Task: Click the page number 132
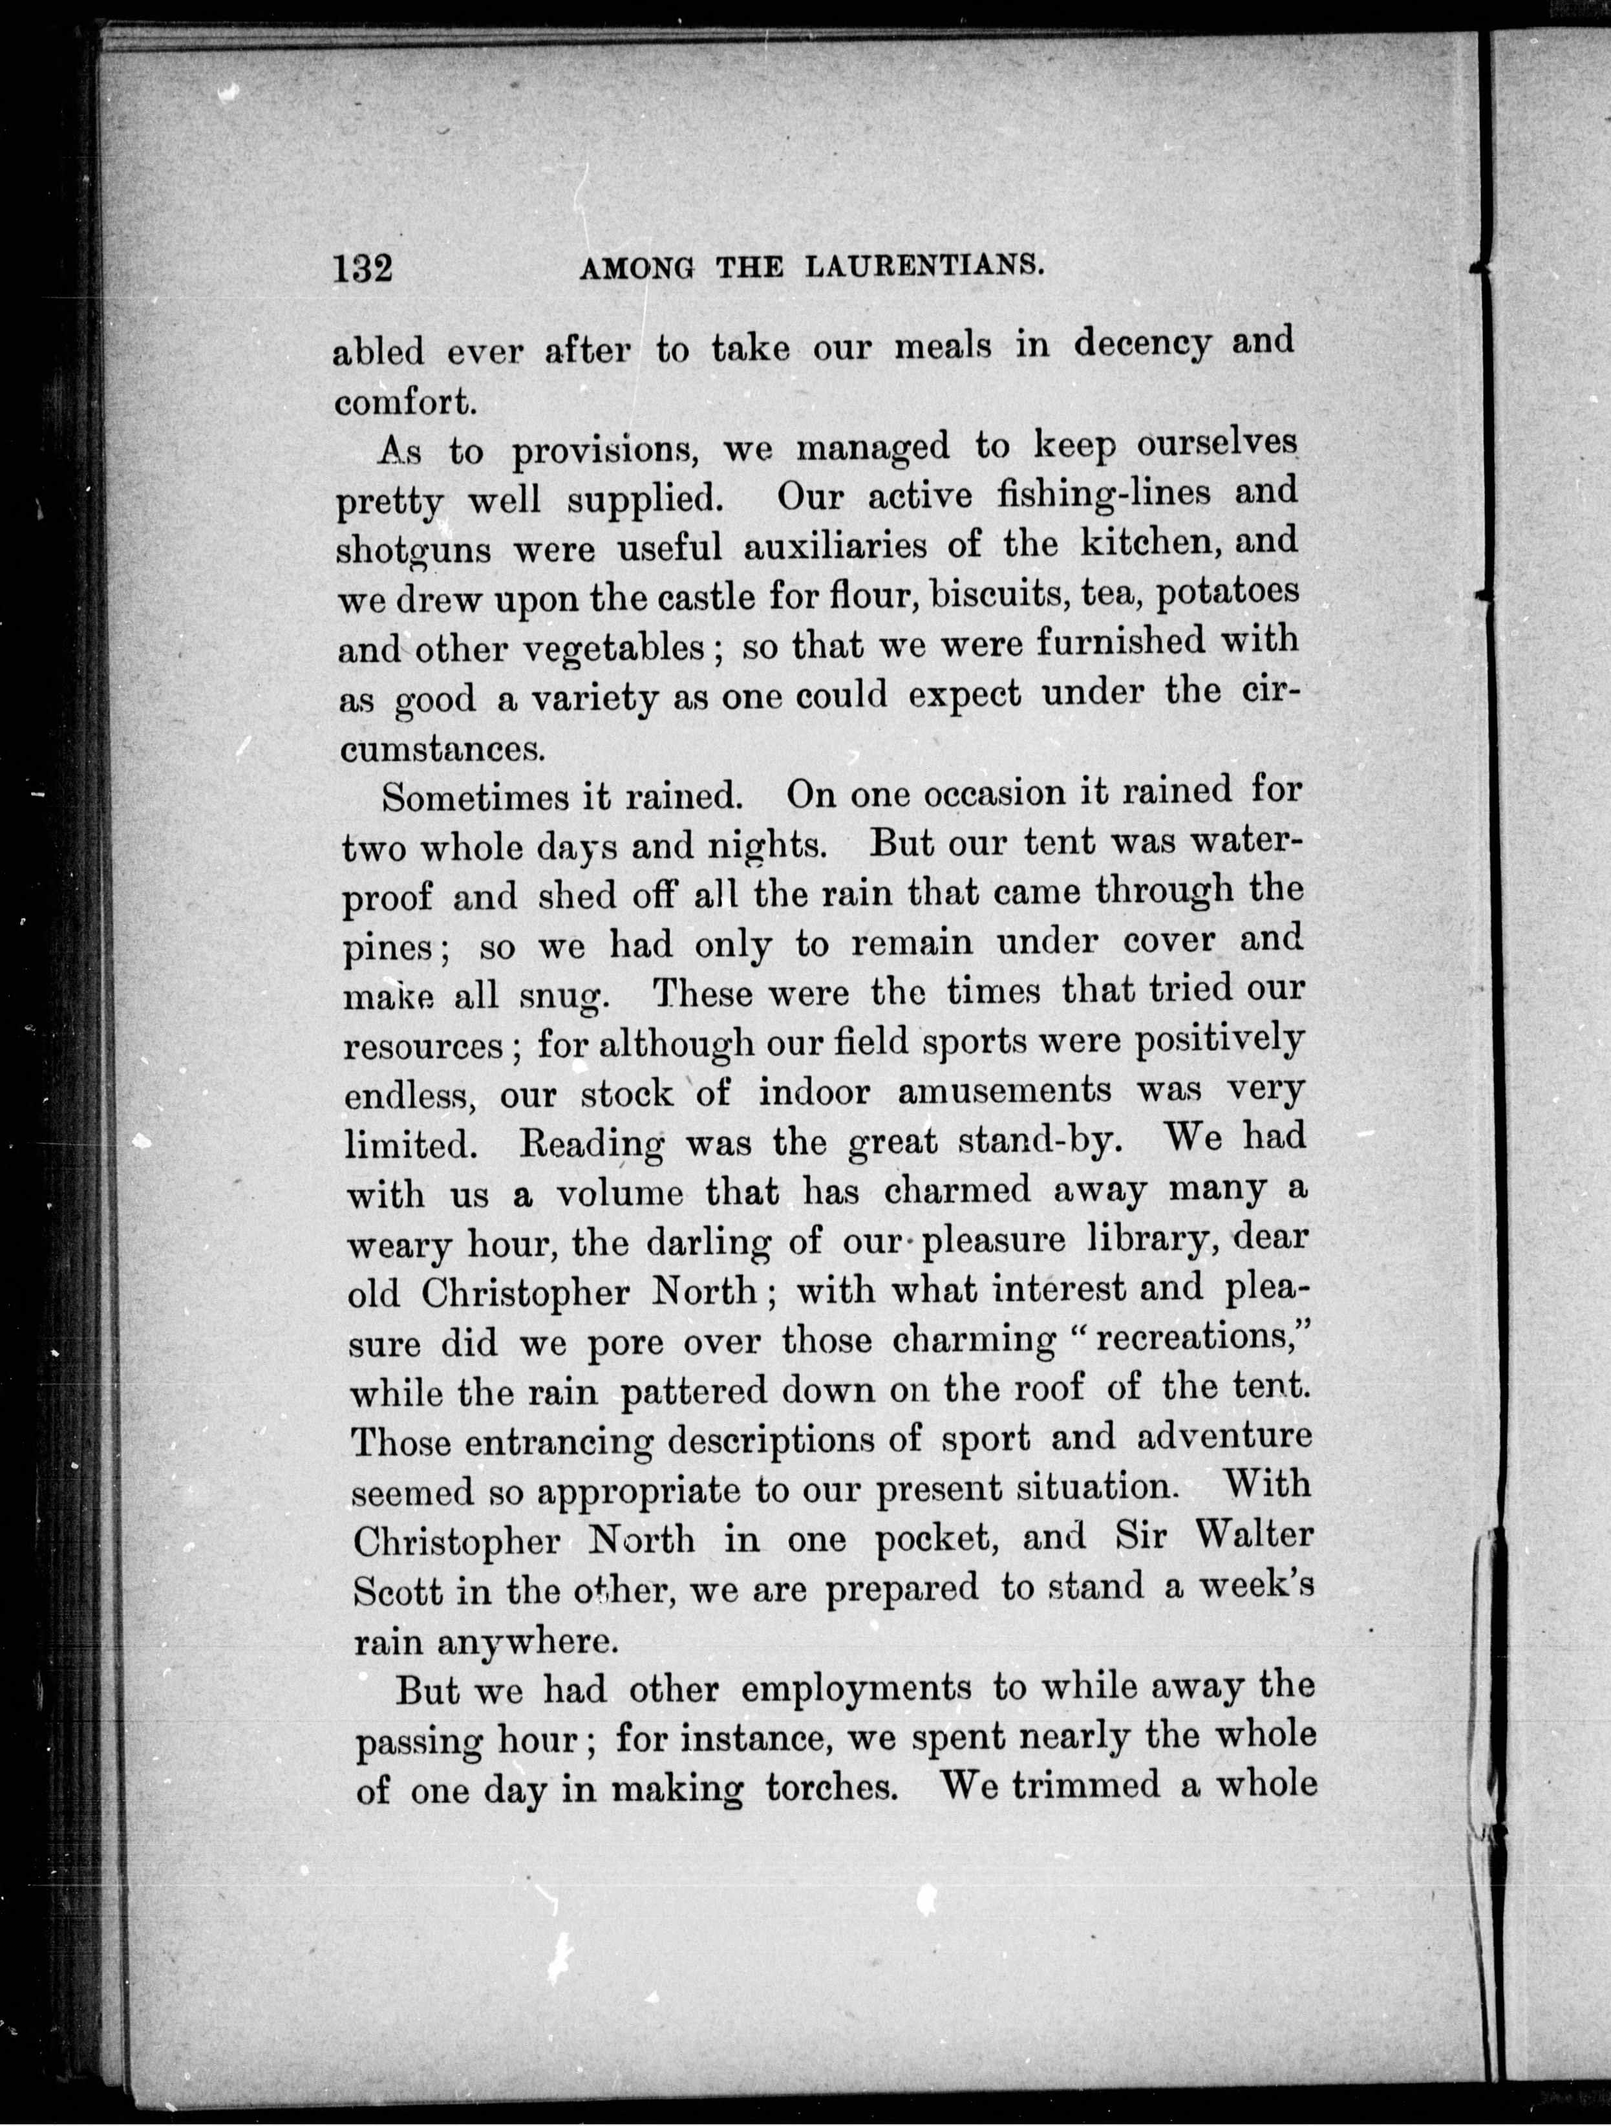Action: (x=363, y=266)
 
